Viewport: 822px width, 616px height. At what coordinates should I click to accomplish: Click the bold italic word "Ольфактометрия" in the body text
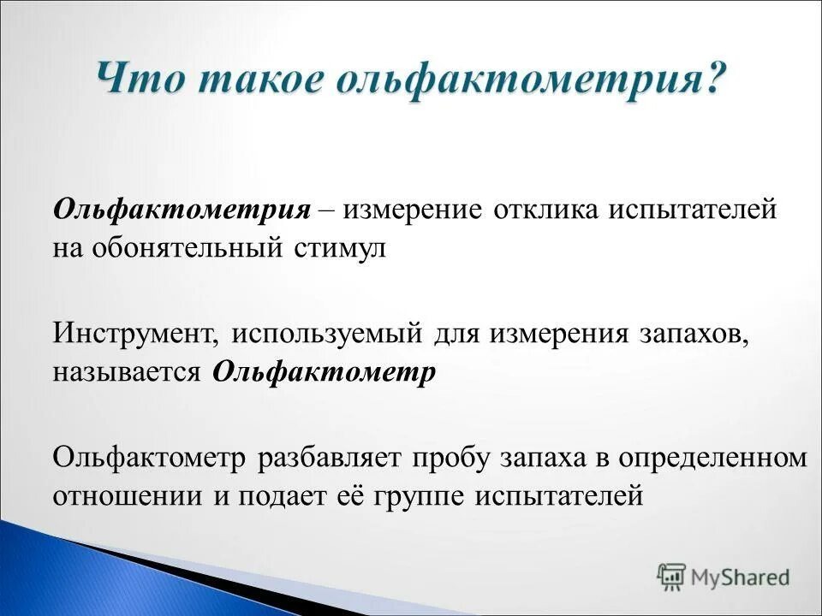[x=182, y=210]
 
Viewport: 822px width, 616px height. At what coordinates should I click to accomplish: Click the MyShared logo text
[x=742, y=577]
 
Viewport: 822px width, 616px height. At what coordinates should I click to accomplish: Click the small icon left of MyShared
[x=670, y=577]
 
